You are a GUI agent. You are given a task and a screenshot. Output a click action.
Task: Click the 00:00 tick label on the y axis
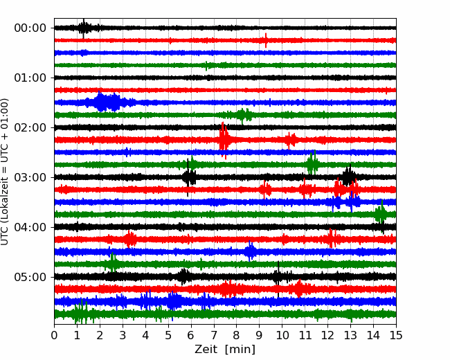pos(30,28)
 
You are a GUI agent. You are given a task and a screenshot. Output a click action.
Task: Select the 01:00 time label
pos(30,78)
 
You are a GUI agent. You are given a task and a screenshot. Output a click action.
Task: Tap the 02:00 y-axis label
pos(30,127)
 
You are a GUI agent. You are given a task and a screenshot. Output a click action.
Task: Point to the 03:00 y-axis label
pos(30,177)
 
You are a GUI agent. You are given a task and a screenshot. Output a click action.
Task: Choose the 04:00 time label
pos(30,227)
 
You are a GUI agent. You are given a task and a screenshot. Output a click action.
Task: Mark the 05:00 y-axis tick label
pos(30,277)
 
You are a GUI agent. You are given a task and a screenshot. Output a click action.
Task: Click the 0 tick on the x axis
pos(55,336)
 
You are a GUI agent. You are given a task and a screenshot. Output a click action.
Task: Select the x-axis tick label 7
pos(214,336)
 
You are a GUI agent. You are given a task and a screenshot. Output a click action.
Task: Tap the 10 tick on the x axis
pos(282,336)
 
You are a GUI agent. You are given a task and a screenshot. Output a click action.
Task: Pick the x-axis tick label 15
pos(395,336)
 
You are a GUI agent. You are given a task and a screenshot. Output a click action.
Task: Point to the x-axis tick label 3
pos(123,336)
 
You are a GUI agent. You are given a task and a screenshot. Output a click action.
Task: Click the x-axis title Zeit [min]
pos(224,350)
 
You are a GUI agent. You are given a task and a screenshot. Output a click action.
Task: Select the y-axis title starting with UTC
pos(6,171)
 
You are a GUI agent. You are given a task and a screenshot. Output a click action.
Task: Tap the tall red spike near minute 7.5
pos(224,137)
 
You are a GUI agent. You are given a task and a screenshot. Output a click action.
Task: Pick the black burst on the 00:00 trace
pos(84,28)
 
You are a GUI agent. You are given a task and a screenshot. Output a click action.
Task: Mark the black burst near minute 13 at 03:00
pos(349,177)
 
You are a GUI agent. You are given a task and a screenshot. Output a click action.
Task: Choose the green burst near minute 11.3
pos(312,164)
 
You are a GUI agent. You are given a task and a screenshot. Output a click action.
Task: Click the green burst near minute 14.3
pos(380,214)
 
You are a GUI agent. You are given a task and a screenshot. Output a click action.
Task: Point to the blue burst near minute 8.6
pos(251,251)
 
